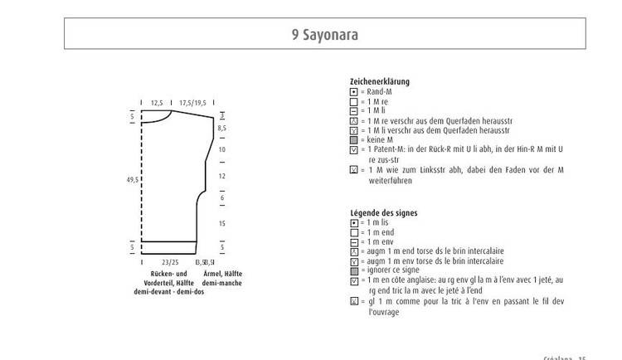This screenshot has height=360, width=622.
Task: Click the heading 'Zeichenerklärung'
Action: coord(380,81)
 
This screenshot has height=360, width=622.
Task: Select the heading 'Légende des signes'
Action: coord(384,213)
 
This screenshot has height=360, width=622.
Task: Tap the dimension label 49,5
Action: coord(132,178)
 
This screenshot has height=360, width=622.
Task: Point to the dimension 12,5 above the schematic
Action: coord(157,103)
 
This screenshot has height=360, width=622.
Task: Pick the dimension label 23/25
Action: coord(172,262)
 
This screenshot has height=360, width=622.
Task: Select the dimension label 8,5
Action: coord(221,129)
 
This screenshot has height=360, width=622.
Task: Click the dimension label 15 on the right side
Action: coord(221,224)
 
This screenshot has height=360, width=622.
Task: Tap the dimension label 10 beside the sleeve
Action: coord(221,150)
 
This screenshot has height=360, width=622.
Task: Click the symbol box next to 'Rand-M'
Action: coord(353,91)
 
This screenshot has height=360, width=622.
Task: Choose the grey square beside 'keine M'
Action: coord(353,140)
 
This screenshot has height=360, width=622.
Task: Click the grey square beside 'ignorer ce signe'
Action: coord(353,270)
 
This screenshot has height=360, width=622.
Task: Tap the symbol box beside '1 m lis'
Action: coord(353,223)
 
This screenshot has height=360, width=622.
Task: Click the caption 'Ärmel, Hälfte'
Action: coord(221,274)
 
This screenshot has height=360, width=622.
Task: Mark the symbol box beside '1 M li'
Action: coord(353,110)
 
